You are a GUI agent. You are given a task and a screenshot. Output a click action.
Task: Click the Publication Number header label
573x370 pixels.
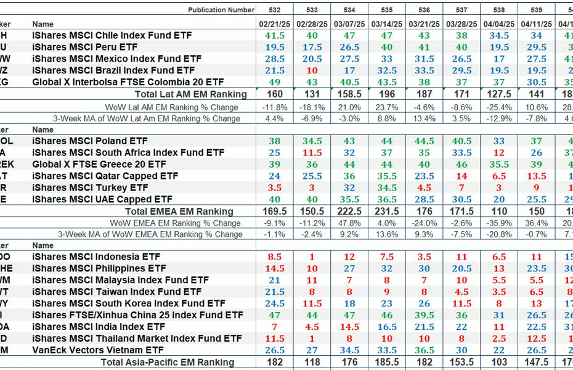221,10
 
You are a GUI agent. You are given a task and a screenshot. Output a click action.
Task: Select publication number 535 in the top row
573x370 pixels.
387,10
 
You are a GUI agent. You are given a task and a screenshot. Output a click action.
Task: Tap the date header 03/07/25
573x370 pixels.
349,24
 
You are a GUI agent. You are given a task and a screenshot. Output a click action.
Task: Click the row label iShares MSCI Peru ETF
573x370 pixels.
84,47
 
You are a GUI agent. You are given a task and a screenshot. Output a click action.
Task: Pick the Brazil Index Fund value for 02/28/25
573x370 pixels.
312,71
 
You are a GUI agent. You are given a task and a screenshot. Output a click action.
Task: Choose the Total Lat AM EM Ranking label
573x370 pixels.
190,94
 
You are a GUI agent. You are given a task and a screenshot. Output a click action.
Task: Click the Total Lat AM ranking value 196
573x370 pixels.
387,94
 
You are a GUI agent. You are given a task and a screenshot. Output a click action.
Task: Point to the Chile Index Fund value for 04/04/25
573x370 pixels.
499,36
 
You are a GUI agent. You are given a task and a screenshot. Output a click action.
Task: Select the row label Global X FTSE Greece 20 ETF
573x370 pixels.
99,165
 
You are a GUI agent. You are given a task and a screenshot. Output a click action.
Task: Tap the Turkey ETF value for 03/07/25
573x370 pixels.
349,188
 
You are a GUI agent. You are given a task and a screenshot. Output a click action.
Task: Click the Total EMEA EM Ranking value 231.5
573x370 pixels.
387,212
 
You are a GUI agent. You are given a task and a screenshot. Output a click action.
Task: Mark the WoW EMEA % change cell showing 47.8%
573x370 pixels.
349,223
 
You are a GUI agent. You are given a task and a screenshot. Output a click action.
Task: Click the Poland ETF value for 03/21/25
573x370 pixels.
424,141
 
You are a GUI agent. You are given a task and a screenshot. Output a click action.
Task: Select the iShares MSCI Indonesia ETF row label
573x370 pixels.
95,257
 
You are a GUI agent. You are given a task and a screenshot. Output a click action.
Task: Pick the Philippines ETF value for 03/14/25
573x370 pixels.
387,269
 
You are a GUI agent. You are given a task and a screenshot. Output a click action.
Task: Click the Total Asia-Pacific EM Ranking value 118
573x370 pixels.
312,363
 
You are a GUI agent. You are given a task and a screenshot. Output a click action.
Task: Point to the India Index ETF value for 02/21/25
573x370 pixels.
275,327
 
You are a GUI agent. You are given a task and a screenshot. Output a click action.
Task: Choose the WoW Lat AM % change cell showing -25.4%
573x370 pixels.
499,107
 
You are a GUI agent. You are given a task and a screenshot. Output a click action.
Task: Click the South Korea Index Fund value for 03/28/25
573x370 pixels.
461,303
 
